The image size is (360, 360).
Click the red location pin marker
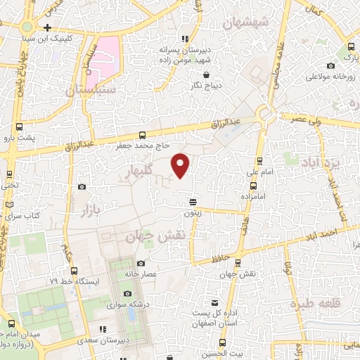[x=181, y=165]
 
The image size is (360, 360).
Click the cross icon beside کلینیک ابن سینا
[x=46, y=27]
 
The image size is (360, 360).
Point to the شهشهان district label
[x=246, y=22]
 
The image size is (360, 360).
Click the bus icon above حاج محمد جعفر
[x=143, y=135]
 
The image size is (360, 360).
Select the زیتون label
[x=193, y=213]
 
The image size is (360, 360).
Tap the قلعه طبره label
[x=315, y=305]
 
